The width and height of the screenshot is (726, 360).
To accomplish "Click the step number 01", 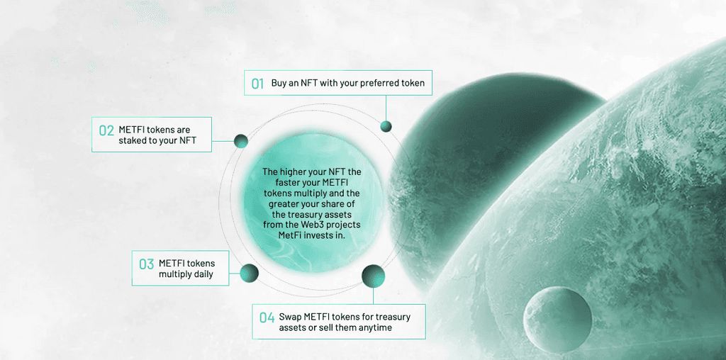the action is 257,84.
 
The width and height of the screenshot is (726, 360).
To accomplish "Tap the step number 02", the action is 106,130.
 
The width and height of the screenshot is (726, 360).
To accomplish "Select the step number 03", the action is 146,264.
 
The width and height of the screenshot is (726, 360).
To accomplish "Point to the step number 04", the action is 267,318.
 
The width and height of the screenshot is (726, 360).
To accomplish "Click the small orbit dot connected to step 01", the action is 386,126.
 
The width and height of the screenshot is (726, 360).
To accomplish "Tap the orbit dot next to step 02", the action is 241,141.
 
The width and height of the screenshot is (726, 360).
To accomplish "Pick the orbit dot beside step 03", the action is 249,273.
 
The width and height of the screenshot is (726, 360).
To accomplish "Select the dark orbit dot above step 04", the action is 373,276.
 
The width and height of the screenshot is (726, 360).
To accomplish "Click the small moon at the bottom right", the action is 557,320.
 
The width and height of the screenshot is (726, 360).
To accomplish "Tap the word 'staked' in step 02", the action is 132,140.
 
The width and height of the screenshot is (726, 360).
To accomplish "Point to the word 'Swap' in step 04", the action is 290,317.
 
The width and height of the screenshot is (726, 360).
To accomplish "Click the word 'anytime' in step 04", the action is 376,327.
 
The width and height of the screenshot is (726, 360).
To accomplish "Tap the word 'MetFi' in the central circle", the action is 290,235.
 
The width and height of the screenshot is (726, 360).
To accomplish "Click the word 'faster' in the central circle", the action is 281,182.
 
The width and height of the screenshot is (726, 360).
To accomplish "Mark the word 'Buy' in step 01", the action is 278,84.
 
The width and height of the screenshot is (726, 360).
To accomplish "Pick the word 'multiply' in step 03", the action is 174,274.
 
